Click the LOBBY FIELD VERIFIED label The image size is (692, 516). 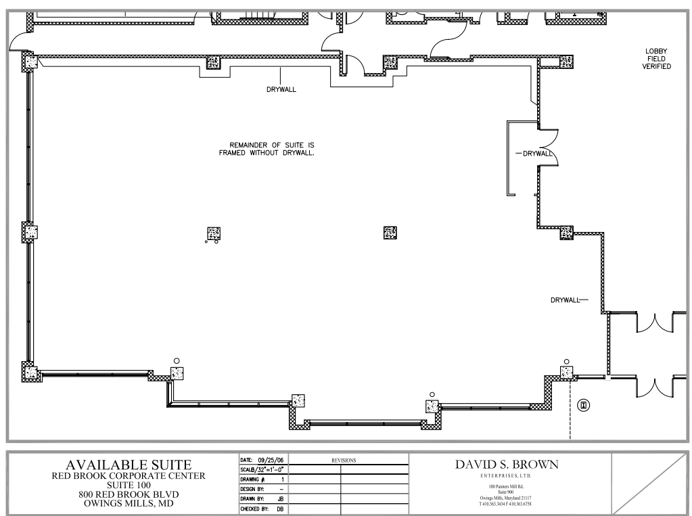coord(656,59)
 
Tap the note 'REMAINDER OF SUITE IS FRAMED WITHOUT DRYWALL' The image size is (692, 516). coord(267,149)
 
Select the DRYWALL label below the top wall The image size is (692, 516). coord(281,89)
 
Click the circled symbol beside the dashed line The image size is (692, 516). coord(584,405)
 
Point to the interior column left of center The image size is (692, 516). coord(214,233)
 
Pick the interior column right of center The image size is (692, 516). coord(390,233)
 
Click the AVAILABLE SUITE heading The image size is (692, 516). coord(129,465)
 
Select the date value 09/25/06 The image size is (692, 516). coord(271,460)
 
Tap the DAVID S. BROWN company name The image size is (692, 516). coord(507,465)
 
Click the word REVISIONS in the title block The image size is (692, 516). coord(344,461)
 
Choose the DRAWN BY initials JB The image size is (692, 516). coord(280,499)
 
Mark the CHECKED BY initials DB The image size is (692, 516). coord(280,509)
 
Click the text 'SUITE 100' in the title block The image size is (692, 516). coord(129,485)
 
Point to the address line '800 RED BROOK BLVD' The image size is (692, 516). coord(129,494)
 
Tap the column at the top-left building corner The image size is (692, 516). coord(30,62)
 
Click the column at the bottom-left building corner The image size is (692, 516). coord(30,372)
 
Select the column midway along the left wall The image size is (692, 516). coord(30,232)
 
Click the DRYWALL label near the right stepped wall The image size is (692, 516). coord(566,300)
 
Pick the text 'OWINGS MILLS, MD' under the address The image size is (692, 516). coord(129,503)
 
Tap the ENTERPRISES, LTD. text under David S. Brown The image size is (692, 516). coord(506,476)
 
